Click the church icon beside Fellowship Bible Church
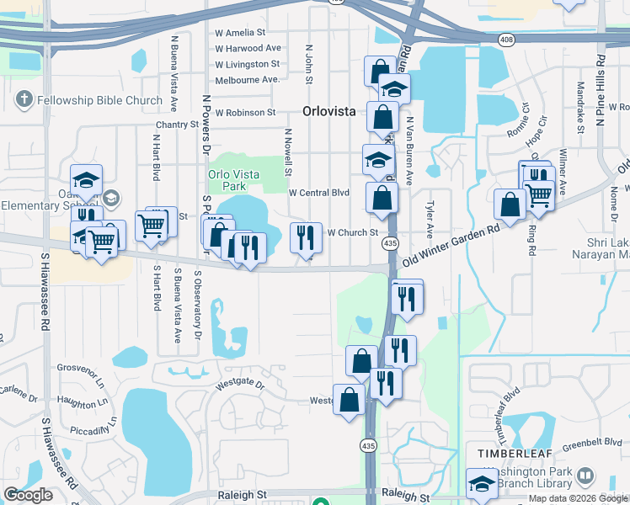coord(23,101)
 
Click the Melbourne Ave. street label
coord(247,79)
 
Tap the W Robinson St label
coord(245,112)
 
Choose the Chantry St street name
coord(175,125)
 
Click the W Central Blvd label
coord(318,193)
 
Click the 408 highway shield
coord(505,39)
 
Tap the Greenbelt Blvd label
coord(590,441)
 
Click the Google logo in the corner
coord(28,495)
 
